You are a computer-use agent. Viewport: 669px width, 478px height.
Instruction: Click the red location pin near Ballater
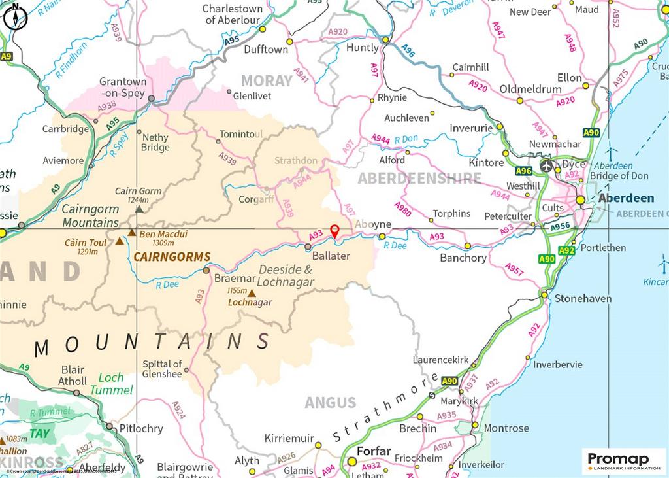[334, 231]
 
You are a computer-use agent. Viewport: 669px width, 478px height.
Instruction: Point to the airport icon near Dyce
[546, 165]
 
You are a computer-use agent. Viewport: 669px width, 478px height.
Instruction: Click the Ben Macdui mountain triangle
[132, 233]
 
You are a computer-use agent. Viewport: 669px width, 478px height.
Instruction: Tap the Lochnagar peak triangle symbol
[252, 293]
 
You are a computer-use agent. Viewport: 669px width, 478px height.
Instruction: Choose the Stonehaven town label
[583, 299]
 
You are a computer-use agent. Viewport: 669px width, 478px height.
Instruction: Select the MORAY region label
[267, 81]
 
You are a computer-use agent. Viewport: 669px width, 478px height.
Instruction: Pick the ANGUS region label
[331, 403]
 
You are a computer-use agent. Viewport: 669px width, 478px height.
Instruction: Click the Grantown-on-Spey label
[123, 88]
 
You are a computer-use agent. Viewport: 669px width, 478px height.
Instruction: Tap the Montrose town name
[506, 428]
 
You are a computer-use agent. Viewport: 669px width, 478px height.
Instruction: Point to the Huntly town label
[362, 48]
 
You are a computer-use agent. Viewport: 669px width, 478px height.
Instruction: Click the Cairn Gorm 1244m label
[139, 196]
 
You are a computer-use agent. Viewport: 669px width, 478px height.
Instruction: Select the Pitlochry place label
[141, 429]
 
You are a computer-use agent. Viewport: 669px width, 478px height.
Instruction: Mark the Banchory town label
[463, 258]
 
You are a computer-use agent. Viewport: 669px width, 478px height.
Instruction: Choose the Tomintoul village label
[241, 134]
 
